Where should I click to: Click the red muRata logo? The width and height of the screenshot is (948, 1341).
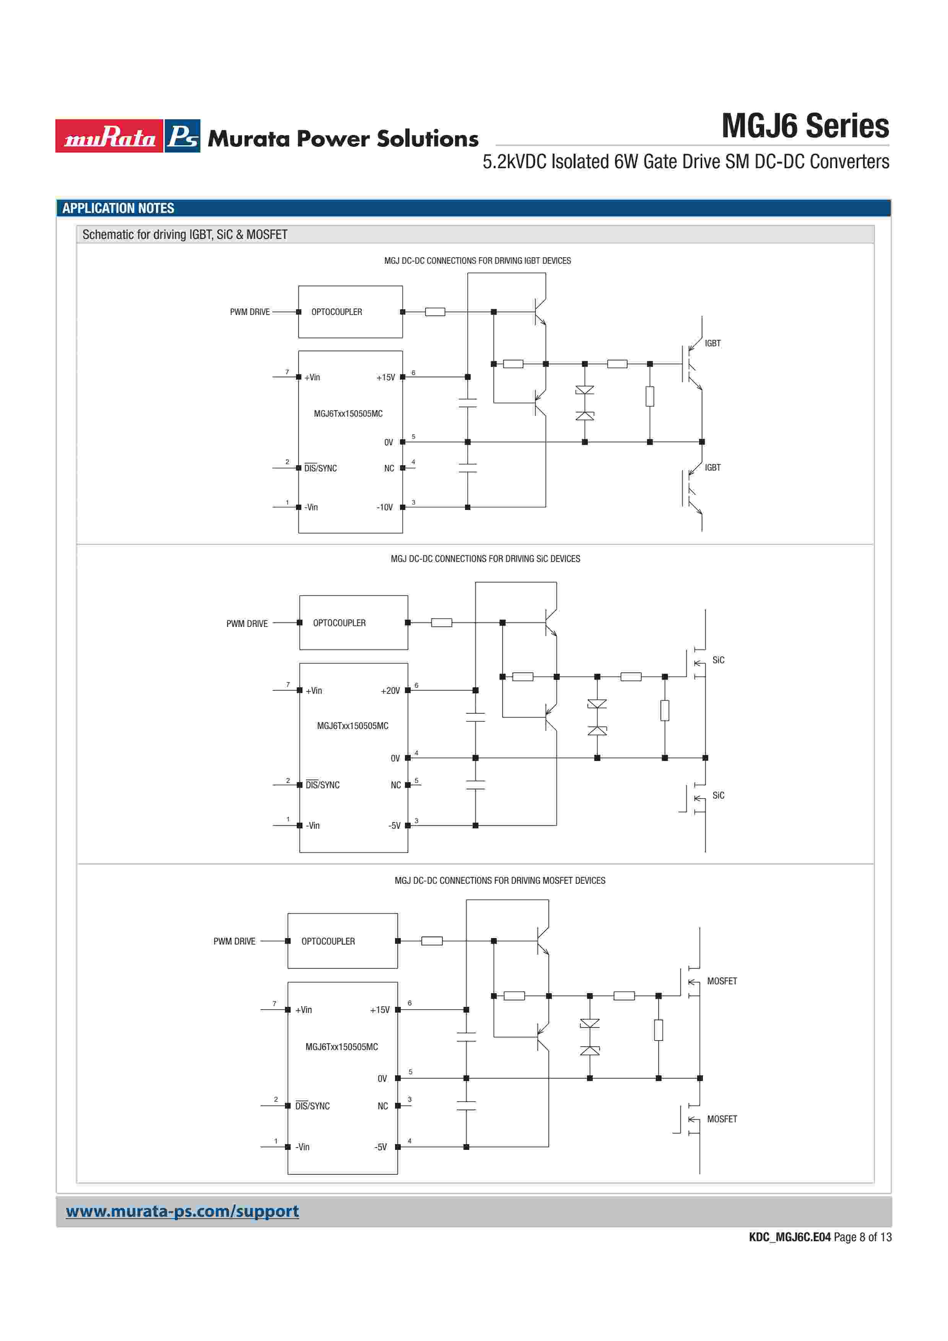109,136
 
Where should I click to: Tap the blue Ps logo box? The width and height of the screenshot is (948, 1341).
182,136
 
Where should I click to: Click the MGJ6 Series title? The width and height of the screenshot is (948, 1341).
805,126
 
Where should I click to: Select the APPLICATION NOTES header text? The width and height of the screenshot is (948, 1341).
118,208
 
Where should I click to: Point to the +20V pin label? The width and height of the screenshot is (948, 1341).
390,690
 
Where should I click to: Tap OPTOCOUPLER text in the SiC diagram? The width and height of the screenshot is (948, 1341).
339,623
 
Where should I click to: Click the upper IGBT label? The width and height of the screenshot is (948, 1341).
712,343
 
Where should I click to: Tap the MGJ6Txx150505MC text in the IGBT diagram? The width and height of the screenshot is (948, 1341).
348,414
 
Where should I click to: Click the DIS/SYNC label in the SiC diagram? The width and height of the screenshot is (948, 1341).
322,785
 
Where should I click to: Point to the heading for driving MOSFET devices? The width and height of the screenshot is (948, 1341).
499,880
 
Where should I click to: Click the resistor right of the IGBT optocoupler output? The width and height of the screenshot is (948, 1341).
435,312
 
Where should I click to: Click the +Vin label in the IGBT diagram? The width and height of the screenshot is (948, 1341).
312,377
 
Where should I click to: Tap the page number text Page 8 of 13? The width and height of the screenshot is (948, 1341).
862,1237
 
